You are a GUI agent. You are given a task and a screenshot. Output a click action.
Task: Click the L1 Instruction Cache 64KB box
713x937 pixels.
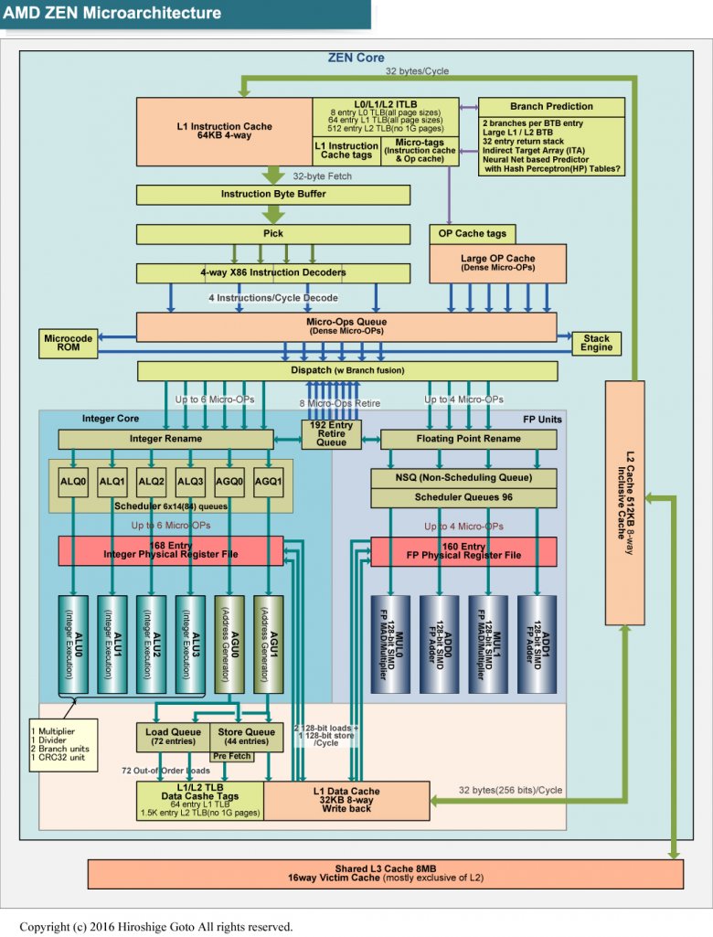tap(224, 132)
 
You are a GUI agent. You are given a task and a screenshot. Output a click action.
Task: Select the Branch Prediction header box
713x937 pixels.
tap(551, 106)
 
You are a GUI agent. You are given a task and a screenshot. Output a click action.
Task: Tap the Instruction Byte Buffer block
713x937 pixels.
tap(272, 194)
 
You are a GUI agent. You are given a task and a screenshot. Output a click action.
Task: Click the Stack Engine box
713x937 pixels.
tap(597, 344)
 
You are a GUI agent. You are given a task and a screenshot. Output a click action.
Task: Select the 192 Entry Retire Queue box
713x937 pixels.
tap(331, 433)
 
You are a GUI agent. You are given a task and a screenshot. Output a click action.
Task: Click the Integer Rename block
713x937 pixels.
tap(165, 439)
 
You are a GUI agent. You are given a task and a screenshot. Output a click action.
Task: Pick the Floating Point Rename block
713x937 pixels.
tap(468, 439)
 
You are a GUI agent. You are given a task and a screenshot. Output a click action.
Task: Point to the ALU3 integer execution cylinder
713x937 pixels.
tap(191, 644)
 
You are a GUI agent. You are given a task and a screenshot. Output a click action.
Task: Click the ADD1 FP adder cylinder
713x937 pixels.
tap(537, 644)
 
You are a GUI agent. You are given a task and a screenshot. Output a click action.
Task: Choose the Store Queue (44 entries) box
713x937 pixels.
tap(247, 736)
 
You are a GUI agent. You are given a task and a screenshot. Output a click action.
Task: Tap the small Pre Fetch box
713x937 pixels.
tap(233, 757)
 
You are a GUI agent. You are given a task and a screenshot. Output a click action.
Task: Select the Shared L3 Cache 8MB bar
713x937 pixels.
tap(385, 873)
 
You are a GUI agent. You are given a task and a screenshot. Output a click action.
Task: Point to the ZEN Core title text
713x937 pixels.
tap(356, 59)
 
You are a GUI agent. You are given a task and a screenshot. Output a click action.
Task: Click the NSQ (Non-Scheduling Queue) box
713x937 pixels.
tap(463, 478)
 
